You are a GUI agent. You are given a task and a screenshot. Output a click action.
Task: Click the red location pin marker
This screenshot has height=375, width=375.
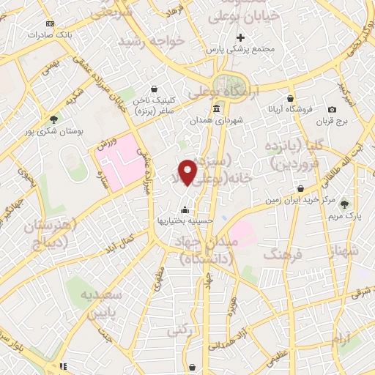[188, 172]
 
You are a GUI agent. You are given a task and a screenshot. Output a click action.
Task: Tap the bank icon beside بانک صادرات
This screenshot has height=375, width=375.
[49, 23]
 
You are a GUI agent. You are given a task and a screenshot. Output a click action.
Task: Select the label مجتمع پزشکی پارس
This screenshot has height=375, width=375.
[239, 49]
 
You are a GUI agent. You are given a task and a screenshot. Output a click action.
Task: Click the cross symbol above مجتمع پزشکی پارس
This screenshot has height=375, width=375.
[240, 37]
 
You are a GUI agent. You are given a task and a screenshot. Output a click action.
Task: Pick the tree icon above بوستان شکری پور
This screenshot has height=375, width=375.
[53, 119]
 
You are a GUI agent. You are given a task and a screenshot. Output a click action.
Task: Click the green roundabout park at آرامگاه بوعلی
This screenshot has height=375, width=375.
[229, 87]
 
